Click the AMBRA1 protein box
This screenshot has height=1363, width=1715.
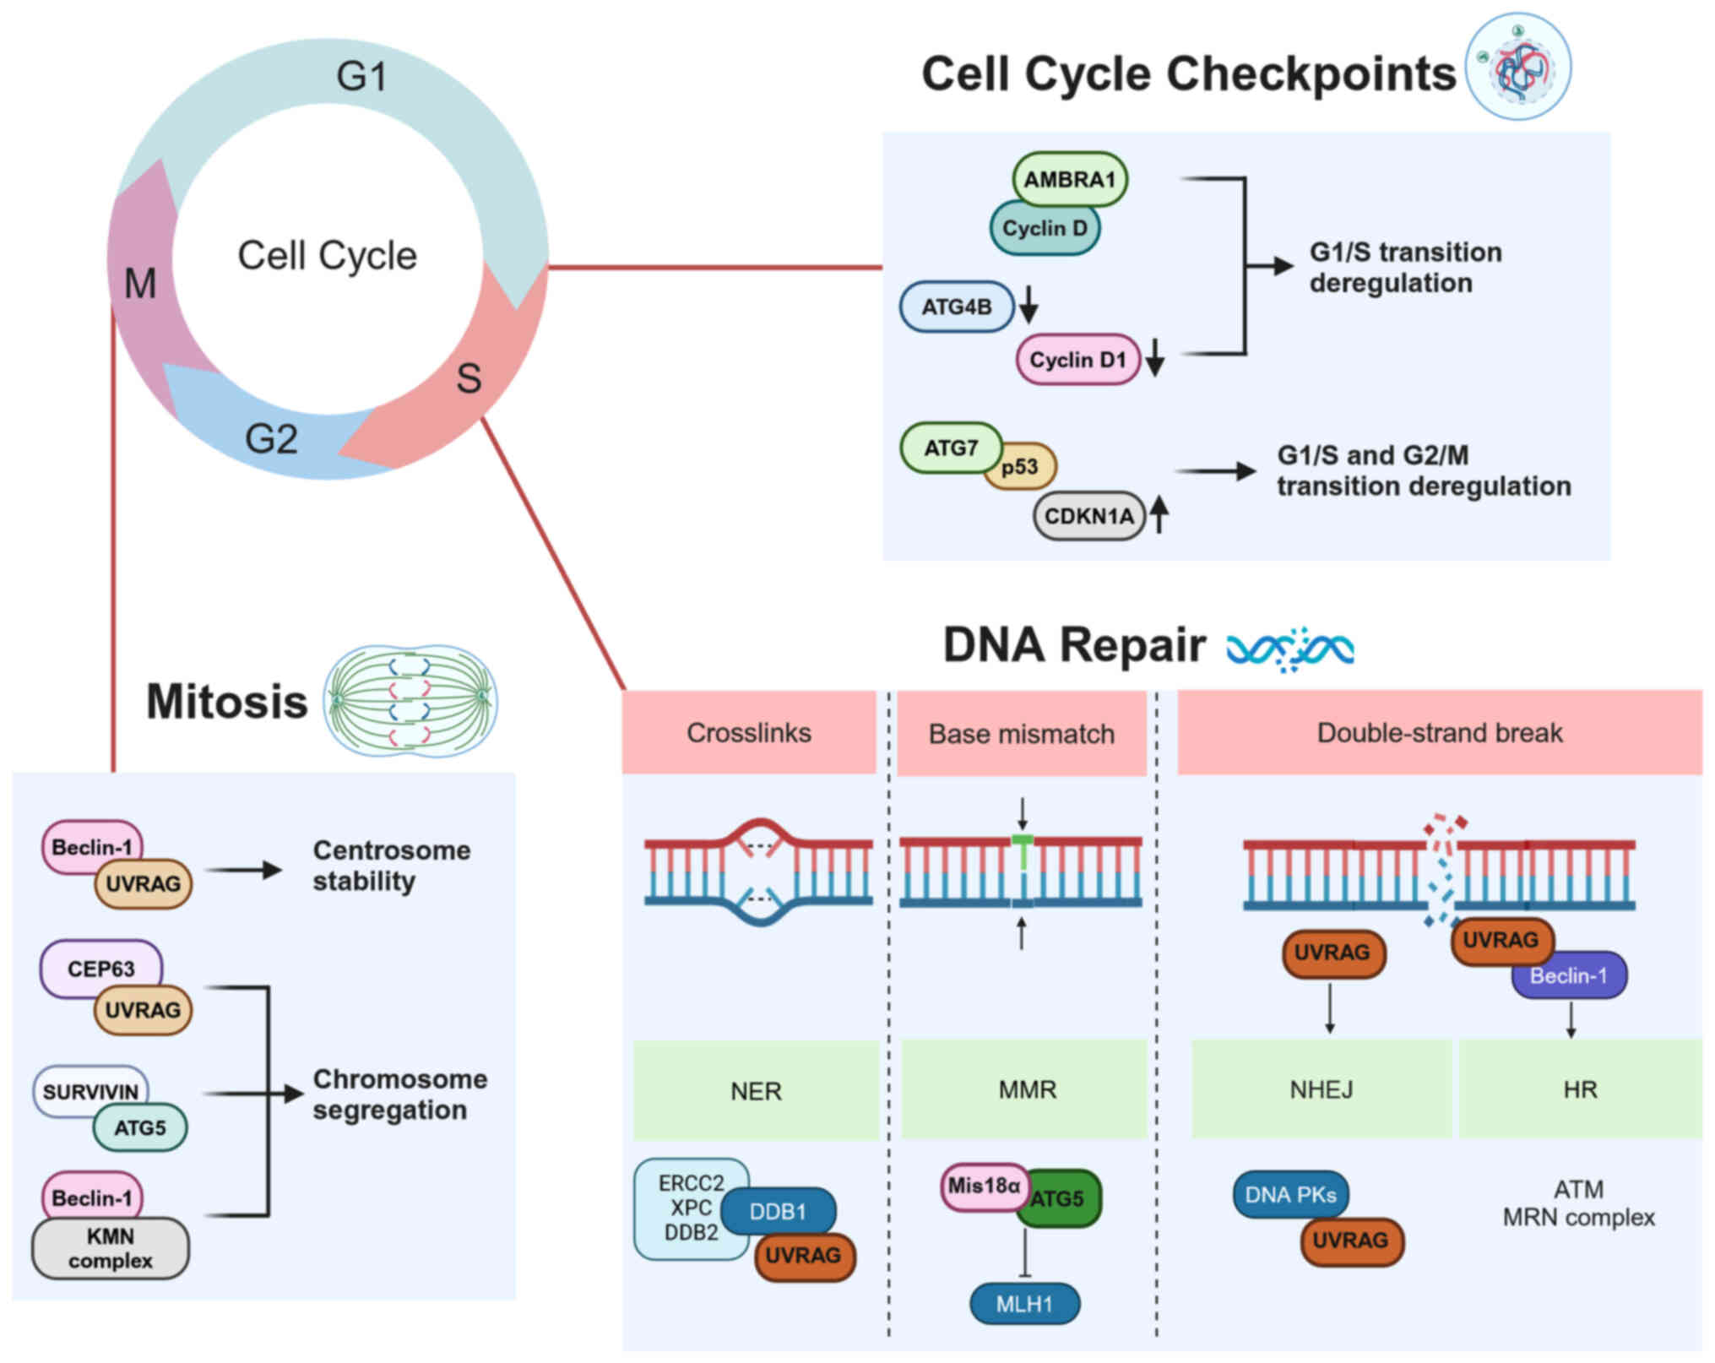point(1069,179)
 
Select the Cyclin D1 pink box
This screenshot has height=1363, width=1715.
point(1077,360)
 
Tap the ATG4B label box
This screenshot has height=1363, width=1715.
point(956,307)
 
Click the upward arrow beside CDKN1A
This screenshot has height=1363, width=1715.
point(1159,513)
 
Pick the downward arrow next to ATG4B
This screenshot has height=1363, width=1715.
point(1028,305)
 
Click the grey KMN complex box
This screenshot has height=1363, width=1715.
point(110,1248)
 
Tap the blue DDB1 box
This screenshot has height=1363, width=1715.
point(778,1212)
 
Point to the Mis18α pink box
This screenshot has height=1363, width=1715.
point(983,1186)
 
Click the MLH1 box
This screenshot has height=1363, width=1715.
point(1024,1304)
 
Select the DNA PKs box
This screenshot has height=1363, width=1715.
point(1290,1194)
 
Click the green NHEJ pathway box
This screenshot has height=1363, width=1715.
point(1321,1089)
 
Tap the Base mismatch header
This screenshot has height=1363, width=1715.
point(1022,734)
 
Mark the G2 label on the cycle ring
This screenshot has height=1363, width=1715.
point(271,439)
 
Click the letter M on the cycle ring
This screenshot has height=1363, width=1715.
point(140,283)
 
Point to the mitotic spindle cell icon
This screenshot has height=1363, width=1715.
point(411,701)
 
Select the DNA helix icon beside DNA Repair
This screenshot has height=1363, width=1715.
point(1290,649)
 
